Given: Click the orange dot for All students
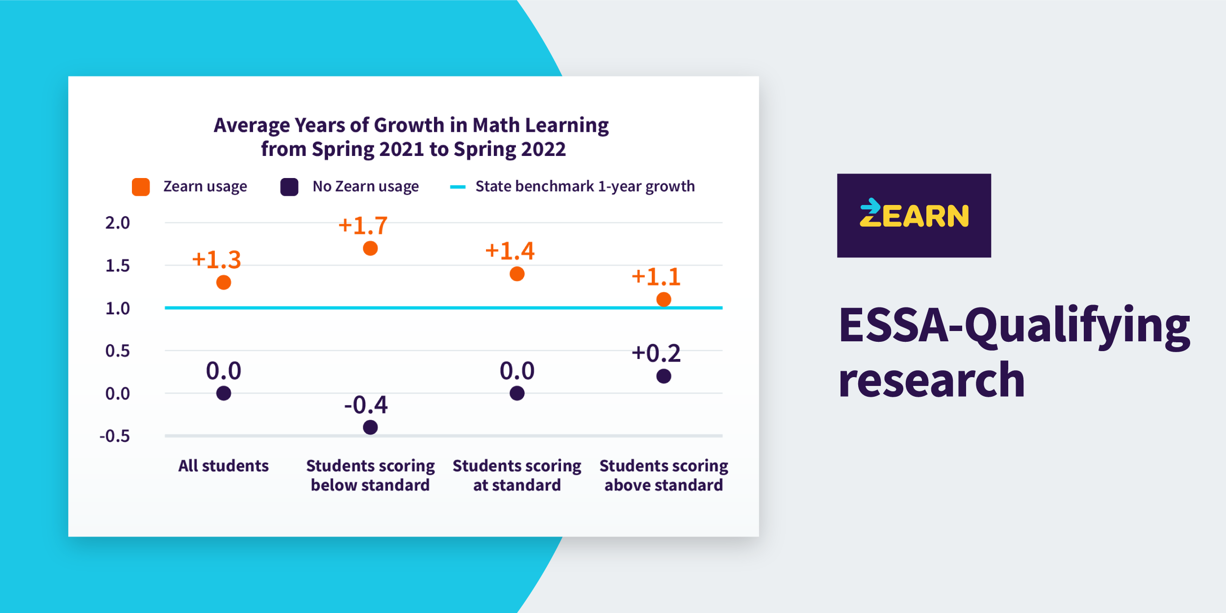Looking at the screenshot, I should pyautogui.click(x=224, y=282).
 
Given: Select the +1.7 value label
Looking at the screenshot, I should pyautogui.click(x=363, y=226).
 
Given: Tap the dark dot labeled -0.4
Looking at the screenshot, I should pyautogui.click(x=370, y=427).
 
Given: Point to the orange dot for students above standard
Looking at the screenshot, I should pyautogui.click(x=664, y=299).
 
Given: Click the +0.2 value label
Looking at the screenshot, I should pyautogui.click(x=656, y=354).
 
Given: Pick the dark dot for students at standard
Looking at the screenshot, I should pyautogui.click(x=517, y=393).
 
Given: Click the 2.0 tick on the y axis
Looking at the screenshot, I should pyautogui.click(x=118, y=223).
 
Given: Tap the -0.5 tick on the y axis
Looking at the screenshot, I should pyautogui.click(x=115, y=436).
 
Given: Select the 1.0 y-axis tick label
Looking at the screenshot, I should pyautogui.click(x=118, y=308).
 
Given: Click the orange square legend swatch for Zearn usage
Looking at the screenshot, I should pyautogui.click(x=141, y=187).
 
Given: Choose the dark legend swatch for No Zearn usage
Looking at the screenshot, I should pyautogui.click(x=289, y=187).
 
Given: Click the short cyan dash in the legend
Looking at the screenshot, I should pyautogui.click(x=457, y=187).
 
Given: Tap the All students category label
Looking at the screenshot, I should pyautogui.click(x=223, y=465).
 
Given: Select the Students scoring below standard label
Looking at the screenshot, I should pyautogui.click(x=370, y=475).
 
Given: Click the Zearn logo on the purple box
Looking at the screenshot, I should pyautogui.click(x=914, y=215).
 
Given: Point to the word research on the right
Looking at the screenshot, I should pyautogui.click(x=931, y=380).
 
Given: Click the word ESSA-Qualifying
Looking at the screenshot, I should pyautogui.click(x=1014, y=325).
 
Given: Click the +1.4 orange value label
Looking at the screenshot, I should pyautogui.click(x=510, y=251).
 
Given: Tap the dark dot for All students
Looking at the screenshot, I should pyautogui.click(x=224, y=393).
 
